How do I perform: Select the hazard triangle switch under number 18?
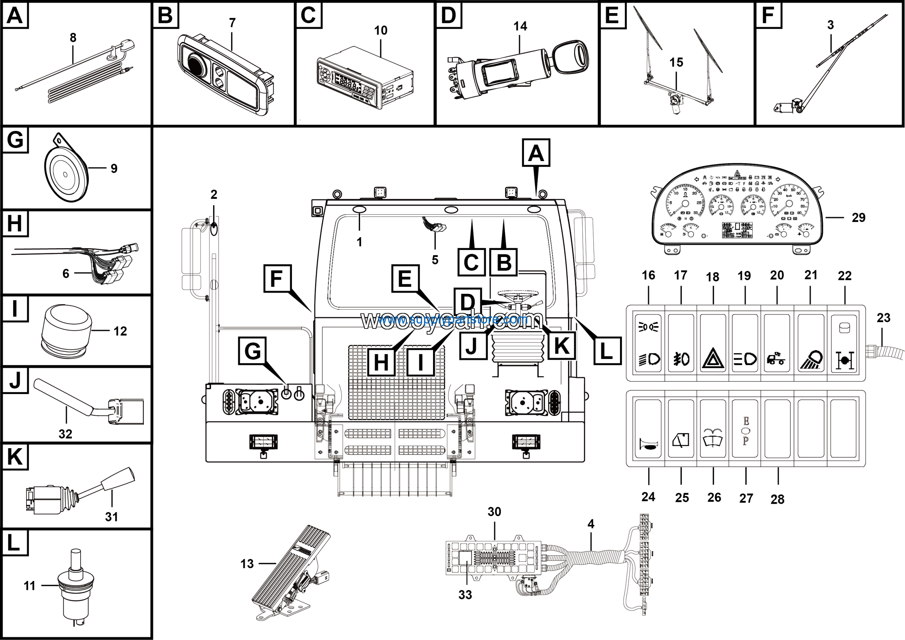[713, 343]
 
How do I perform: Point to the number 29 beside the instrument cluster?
[858, 217]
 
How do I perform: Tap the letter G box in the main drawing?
[252, 351]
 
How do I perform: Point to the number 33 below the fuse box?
[465, 595]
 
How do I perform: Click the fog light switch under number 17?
[681, 343]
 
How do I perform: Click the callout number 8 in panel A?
[73, 38]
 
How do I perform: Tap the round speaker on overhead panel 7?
[196, 64]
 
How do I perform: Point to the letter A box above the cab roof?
[536, 153]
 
